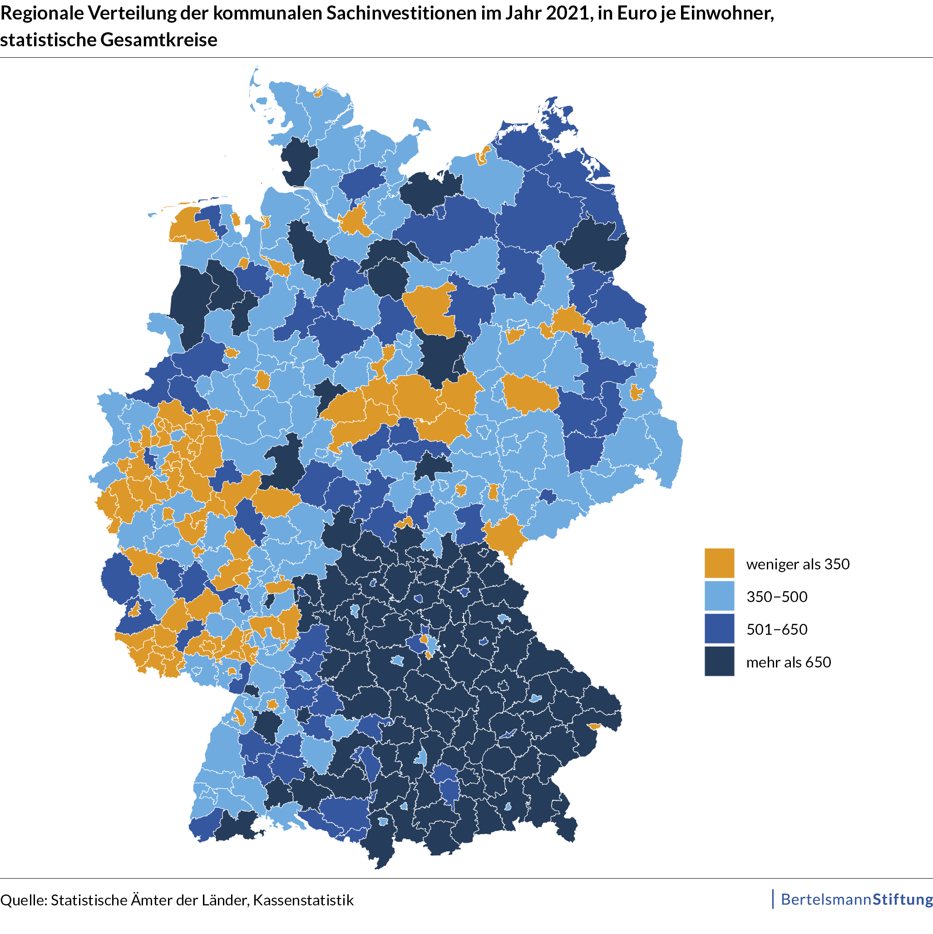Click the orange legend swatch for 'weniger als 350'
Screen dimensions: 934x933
pyautogui.click(x=719, y=563)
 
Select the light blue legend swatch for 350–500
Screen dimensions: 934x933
pyautogui.click(x=719, y=596)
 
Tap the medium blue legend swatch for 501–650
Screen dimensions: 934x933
pyautogui.click(x=719, y=628)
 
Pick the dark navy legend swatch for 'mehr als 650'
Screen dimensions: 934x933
pyautogui.click(x=719, y=662)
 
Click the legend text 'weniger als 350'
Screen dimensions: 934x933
pyautogui.click(x=798, y=564)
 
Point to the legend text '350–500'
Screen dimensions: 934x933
pyautogui.click(x=777, y=597)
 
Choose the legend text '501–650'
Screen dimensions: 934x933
pyautogui.click(x=777, y=629)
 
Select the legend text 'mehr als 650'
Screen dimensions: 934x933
pyautogui.click(x=789, y=662)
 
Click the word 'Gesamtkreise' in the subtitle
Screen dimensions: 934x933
pyautogui.click(x=158, y=40)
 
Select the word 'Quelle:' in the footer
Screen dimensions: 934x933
pyautogui.click(x=23, y=900)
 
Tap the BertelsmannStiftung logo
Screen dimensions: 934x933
pyautogui.click(x=856, y=899)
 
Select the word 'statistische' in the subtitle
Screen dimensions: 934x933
pyautogui.click(x=48, y=40)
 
